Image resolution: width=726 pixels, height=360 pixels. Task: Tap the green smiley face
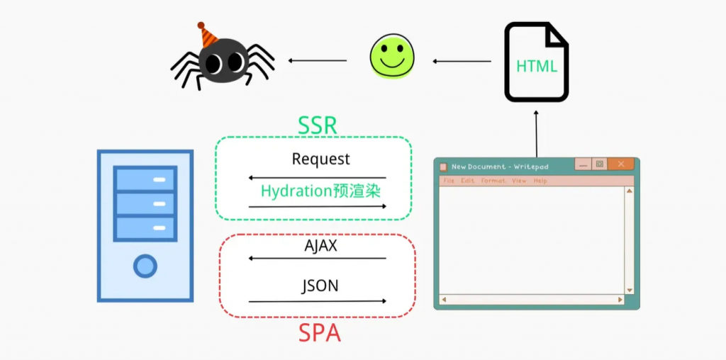(x=391, y=57)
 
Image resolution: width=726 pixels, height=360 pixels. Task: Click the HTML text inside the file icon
(x=536, y=67)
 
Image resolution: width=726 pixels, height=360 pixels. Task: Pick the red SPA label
(x=319, y=332)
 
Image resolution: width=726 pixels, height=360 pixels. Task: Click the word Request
(x=320, y=159)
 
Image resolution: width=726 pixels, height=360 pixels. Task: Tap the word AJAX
(x=320, y=246)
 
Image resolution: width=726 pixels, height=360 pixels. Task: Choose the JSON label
(x=320, y=286)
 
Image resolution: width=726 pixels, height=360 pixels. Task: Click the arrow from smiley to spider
(x=318, y=60)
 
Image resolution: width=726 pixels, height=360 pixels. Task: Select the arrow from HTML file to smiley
(x=462, y=61)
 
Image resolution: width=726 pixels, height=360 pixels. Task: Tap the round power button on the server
(x=145, y=266)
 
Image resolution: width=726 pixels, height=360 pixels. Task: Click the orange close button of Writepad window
(x=621, y=164)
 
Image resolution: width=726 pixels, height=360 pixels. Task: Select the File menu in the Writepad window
(x=448, y=181)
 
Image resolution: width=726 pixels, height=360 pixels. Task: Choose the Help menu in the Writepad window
(x=540, y=181)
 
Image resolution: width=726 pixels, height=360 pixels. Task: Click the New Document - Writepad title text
(x=500, y=167)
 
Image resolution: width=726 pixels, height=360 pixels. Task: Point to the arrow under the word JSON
(x=318, y=301)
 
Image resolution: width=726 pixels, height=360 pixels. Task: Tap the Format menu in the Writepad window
(x=493, y=181)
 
